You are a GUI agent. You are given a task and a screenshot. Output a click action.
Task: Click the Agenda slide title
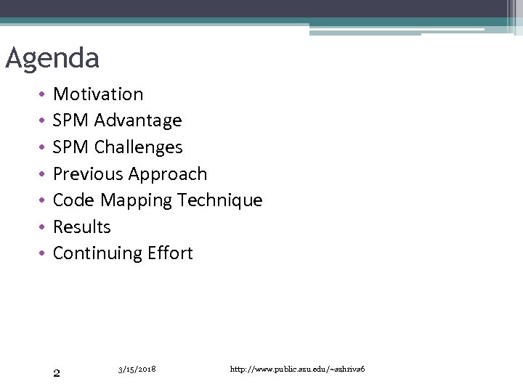(x=52, y=58)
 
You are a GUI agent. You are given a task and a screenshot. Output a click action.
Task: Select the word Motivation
(x=98, y=94)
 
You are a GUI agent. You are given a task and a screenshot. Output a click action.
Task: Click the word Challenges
(x=138, y=147)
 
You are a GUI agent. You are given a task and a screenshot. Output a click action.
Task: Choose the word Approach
(x=168, y=174)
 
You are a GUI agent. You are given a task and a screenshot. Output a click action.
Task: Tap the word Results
(x=82, y=227)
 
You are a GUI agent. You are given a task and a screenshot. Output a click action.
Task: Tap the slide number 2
(x=57, y=374)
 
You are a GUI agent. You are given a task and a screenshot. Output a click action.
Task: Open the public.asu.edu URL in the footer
(x=297, y=369)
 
